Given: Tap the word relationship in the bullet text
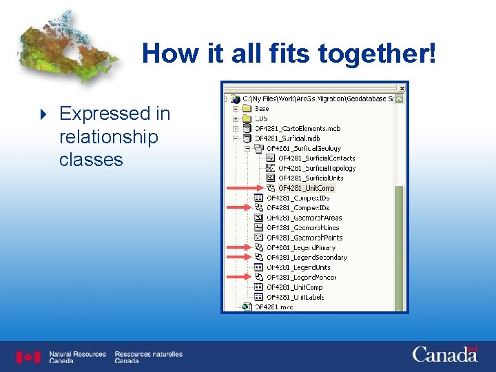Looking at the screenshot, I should pyautogui.click(x=108, y=136).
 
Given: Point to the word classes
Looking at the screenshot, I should pyautogui.click(x=91, y=160).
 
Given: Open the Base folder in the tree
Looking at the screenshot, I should pyautogui.click(x=262, y=109).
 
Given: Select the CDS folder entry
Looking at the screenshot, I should pyautogui.click(x=261, y=118).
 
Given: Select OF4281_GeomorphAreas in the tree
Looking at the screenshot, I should pyautogui.click(x=304, y=218).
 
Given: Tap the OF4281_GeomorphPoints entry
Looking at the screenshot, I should pyautogui.click(x=304, y=238).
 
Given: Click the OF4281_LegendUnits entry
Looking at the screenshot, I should pyautogui.click(x=298, y=267).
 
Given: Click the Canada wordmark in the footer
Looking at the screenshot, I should pyautogui.click(x=445, y=355).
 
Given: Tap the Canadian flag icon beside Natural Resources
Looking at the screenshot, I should pyautogui.click(x=29, y=357).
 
